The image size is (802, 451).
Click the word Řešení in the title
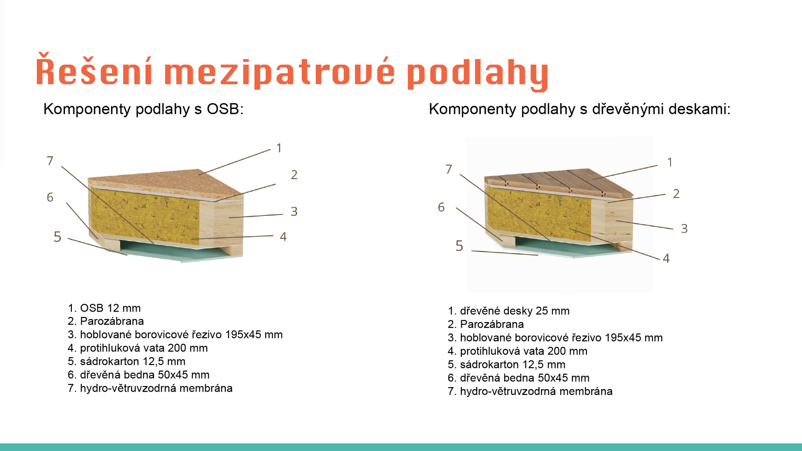(94, 70)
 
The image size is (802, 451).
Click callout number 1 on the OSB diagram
(279, 148)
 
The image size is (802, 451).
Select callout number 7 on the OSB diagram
(50, 161)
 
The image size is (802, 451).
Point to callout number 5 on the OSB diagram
(58, 237)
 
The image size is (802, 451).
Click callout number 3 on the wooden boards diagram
(684, 228)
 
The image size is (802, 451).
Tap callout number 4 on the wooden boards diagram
(666, 258)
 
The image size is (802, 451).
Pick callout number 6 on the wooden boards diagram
(441, 207)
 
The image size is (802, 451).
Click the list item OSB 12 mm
(104, 308)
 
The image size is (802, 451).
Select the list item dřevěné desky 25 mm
(509, 311)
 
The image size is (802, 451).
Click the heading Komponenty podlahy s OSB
(143, 109)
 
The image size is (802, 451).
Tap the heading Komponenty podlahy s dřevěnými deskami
(580, 109)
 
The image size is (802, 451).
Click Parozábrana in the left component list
(106, 321)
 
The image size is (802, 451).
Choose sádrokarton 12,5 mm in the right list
(507, 365)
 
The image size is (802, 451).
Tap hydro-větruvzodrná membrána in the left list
(150, 388)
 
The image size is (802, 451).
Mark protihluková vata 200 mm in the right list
(518, 351)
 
